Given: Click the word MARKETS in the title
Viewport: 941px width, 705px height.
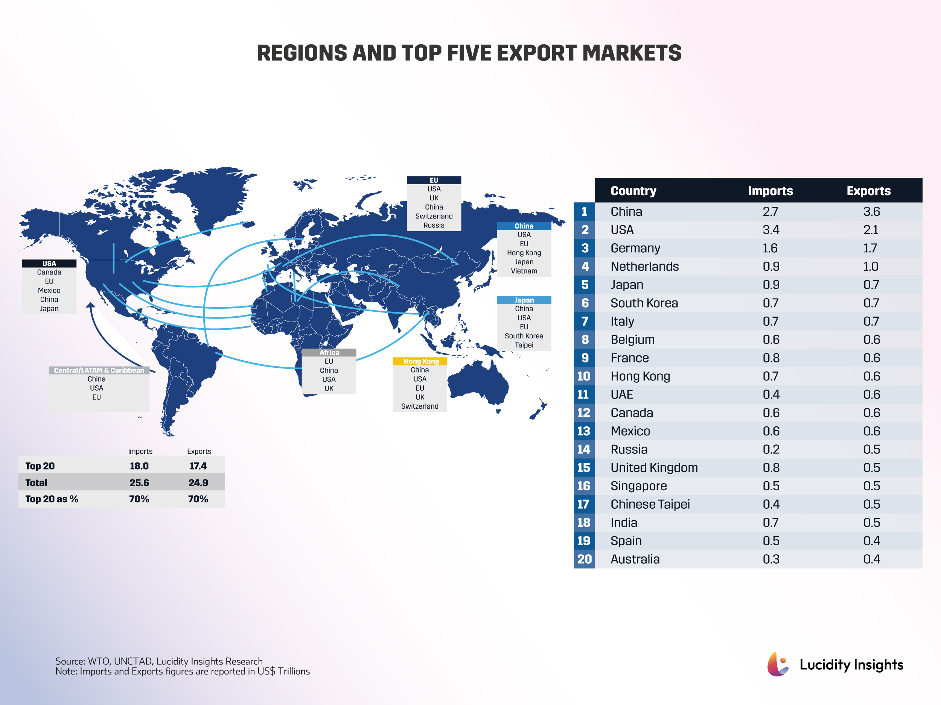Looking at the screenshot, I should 631,53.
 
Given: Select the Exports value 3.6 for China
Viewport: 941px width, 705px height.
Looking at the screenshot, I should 871,212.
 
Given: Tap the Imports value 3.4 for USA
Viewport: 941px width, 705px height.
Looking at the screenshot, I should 771,230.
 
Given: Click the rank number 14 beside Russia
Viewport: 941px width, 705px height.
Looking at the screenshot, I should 584,449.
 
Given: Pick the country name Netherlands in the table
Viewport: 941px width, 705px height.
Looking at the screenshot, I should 644,267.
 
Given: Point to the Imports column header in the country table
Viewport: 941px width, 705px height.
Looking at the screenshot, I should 770,191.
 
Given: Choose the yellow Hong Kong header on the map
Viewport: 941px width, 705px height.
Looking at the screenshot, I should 420,361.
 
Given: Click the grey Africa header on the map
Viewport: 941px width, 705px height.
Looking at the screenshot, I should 329,352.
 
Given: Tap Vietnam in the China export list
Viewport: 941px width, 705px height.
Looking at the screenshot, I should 524,271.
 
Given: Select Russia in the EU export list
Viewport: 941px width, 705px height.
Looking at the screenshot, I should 434,225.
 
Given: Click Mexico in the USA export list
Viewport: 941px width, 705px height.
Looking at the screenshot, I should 49,290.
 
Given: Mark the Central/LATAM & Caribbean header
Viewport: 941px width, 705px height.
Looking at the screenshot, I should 99,370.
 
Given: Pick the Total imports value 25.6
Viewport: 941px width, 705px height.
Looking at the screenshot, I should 139,483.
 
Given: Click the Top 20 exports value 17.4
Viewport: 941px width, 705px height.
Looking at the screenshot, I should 198,466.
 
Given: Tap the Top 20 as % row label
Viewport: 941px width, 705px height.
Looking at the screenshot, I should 52,499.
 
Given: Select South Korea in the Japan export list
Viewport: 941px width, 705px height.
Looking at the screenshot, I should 524,336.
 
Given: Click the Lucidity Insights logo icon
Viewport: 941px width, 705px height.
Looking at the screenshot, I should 777,664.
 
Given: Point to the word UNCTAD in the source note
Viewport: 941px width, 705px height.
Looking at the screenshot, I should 133,661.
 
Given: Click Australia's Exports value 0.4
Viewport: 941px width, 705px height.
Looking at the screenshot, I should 871,559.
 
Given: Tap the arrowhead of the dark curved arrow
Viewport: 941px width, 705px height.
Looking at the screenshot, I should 90,305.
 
